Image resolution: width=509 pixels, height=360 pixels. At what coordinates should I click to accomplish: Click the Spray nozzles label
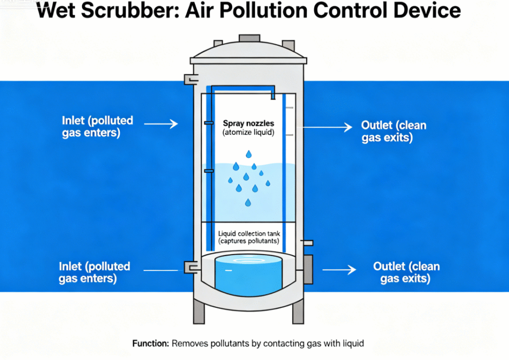245,123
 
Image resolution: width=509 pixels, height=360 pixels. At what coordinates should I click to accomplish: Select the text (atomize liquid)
245,132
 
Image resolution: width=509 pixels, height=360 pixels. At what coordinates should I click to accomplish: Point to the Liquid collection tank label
249,233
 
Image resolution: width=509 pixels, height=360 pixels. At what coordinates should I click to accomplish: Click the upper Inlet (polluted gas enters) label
97,127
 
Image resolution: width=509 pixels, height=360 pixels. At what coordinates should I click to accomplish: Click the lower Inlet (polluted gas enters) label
94,272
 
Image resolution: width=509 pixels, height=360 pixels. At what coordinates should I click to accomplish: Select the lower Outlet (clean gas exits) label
406,272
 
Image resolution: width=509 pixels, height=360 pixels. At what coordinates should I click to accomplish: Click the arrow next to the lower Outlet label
339,270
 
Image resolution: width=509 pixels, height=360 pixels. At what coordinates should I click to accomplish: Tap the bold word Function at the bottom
151,343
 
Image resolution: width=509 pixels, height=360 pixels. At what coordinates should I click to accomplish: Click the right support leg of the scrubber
298,312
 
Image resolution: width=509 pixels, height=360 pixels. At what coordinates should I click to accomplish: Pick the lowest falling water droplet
248,202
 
